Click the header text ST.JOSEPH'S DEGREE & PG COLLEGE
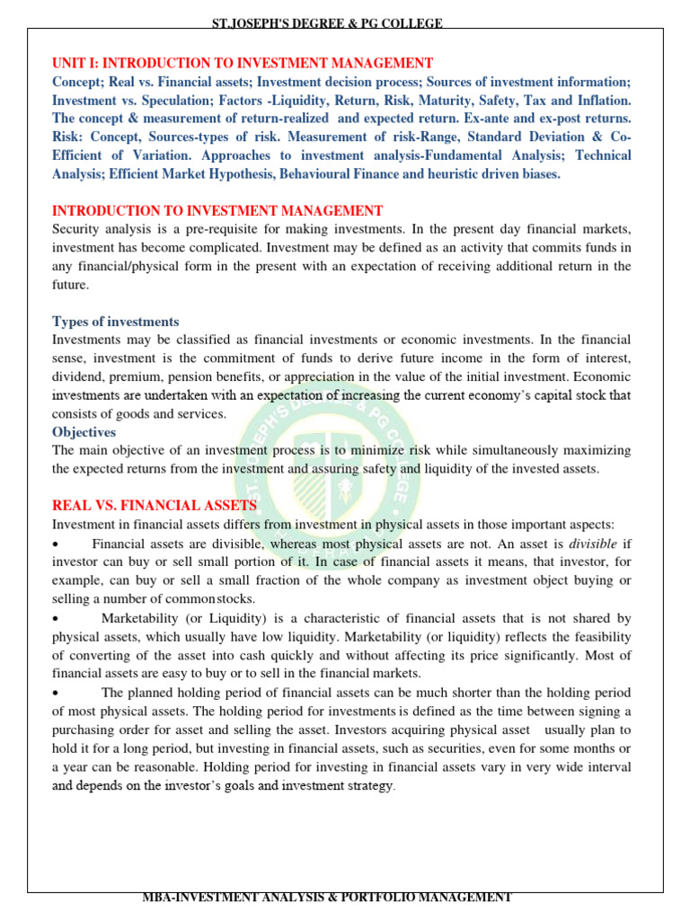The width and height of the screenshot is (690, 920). point(327,23)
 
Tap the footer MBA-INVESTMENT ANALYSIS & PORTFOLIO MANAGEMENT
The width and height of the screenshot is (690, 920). point(327,897)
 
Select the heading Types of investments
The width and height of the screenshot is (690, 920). point(115,322)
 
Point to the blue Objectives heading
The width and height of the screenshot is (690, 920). point(84,432)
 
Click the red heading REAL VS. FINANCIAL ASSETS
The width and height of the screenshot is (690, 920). point(154,506)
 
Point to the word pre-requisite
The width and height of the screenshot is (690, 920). point(219,229)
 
